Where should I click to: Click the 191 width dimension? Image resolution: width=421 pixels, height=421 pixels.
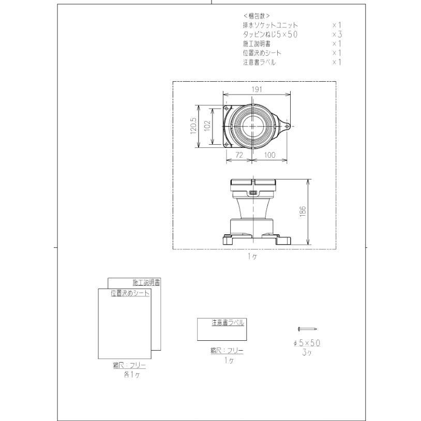257,89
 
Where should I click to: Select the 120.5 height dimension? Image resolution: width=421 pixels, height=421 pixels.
193,126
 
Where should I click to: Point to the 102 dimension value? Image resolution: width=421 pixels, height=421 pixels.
207,126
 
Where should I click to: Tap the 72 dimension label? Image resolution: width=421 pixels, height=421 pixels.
238,155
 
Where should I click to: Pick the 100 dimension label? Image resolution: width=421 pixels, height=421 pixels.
269,155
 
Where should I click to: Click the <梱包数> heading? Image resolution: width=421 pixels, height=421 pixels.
257,16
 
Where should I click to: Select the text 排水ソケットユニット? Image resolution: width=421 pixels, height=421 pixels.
270,25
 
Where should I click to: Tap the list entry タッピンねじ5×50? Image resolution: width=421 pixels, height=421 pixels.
270,34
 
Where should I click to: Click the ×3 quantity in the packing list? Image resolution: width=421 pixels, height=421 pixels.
337,34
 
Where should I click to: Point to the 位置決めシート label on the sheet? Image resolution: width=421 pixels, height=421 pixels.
130,293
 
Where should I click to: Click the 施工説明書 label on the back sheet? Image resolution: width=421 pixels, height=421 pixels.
146,282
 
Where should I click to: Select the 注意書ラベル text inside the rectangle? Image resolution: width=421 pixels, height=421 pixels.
228,322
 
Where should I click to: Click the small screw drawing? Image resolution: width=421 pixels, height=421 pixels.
307,329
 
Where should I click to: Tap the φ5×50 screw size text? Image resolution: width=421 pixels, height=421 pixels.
307,343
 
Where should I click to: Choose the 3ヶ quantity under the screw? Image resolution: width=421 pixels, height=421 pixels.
307,353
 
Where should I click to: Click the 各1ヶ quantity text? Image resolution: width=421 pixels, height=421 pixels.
130,375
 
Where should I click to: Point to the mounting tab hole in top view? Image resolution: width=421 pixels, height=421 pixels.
287,124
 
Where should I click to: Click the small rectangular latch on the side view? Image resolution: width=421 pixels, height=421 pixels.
252,193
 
